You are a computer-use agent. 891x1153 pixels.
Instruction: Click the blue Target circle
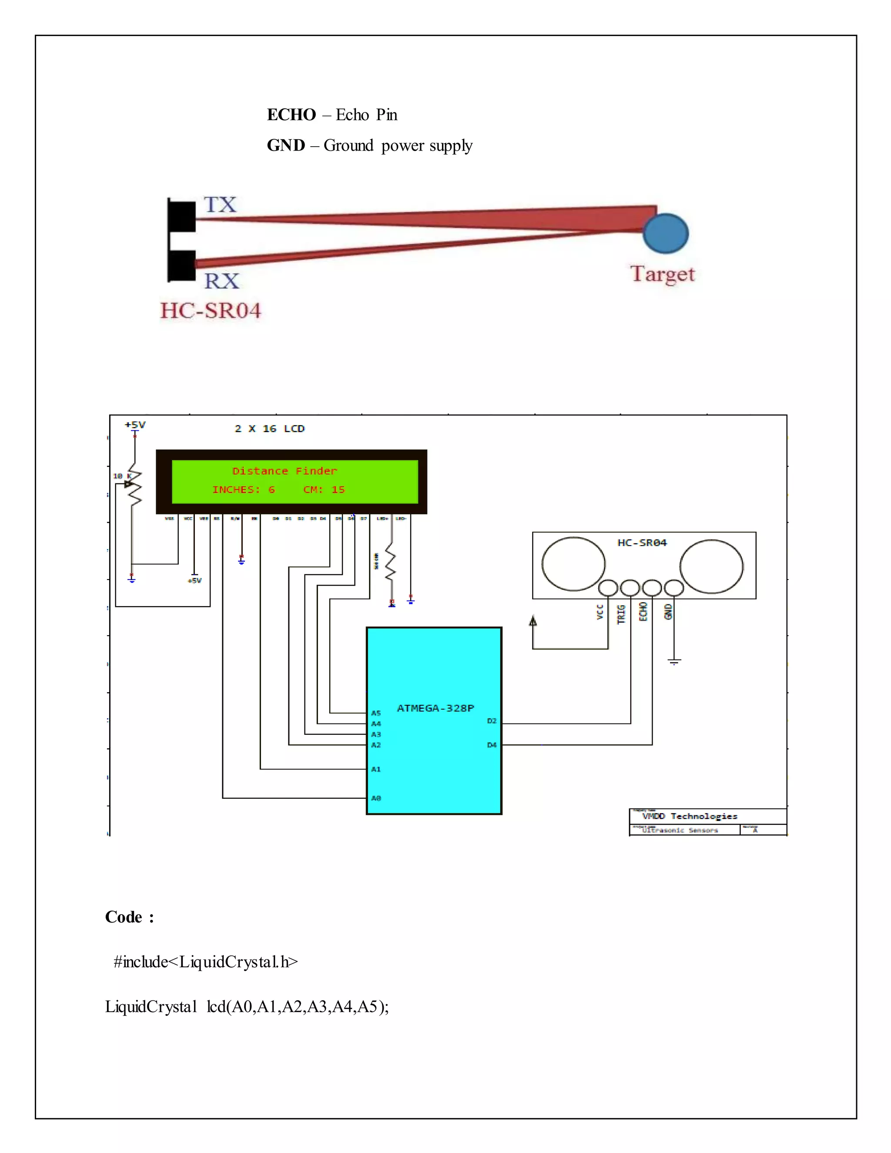[x=666, y=233]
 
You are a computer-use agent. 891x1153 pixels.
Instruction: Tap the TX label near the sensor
[x=220, y=204]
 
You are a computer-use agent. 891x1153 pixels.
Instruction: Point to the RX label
[x=222, y=281]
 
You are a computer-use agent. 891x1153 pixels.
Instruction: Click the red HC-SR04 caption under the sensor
[x=211, y=310]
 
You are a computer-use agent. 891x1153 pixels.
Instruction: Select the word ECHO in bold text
[x=291, y=114]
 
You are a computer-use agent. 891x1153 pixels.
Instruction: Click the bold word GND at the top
[x=285, y=145]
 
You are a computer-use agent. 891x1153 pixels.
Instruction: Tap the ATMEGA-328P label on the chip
[x=435, y=708]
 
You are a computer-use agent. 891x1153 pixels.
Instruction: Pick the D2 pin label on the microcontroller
[x=492, y=721]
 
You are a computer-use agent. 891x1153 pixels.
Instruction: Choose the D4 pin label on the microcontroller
[x=492, y=745]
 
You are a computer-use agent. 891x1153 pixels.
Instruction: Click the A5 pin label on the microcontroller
[x=376, y=713]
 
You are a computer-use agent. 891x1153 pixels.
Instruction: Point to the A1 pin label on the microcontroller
[x=376, y=769]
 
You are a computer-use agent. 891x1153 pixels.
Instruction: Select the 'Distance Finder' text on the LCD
[x=285, y=471]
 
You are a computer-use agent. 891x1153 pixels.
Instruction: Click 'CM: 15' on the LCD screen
[x=324, y=489]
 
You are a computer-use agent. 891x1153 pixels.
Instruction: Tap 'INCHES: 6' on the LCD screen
[x=243, y=489]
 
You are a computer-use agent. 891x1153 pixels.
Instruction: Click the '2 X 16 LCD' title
[x=270, y=429]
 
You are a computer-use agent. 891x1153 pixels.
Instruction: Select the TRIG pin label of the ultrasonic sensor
[x=621, y=614]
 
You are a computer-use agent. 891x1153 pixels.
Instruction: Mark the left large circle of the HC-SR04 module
[x=573, y=563]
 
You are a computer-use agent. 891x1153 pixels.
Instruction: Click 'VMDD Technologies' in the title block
[x=690, y=816]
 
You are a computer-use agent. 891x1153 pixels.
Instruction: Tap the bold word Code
[x=124, y=917]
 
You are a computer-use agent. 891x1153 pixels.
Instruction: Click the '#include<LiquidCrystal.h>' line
[x=206, y=962]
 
